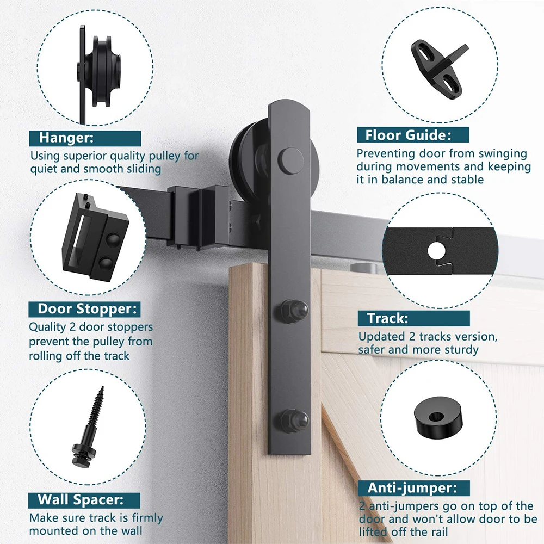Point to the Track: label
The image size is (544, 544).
387,318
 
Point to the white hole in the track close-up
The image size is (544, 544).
436,251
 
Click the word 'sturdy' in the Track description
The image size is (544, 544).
460,350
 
